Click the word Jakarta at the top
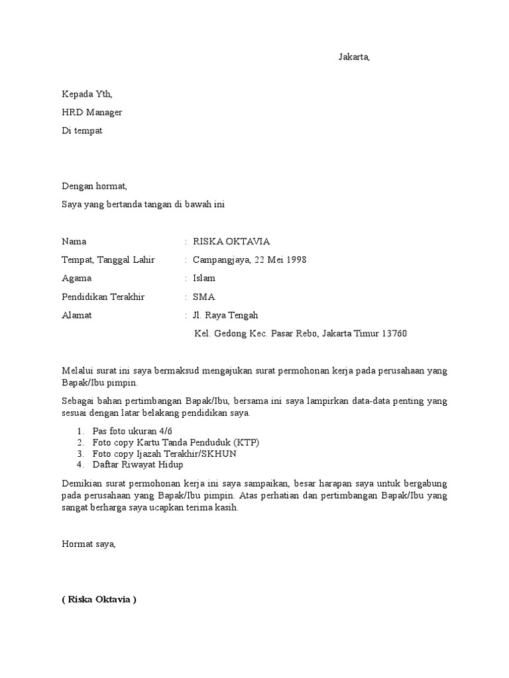(x=353, y=57)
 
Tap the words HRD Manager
(x=92, y=113)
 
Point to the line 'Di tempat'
(x=82, y=130)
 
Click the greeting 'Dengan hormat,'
(x=93, y=187)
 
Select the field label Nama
(x=74, y=242)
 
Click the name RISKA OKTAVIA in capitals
(x=231, y=242)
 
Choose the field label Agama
(x=77, y=278)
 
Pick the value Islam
(x=204, y=278)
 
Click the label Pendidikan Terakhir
(x=103, y=297)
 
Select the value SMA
(x=203, y=297)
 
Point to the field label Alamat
(x=77, y=315)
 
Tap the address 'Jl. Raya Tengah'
(x=225, y=315)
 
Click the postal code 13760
(x=394, y=334)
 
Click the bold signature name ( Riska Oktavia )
(x=99, y=601)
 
